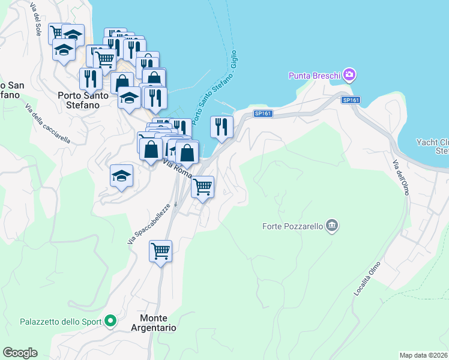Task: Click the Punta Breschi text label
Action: pos(315,76)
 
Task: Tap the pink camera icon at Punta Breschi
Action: pos(349,75)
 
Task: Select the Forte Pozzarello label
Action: pos(293,226)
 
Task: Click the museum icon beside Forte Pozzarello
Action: pos(332,226)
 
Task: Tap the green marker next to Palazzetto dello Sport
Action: pos(110,322)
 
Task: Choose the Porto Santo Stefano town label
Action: pos(87,100)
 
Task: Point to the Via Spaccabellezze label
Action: pos(149,223)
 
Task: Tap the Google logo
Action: pos(20,353)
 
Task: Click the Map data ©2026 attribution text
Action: pos(424,355)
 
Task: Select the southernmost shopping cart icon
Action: pos(161,250)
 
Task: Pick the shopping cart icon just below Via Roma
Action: pos(203,187)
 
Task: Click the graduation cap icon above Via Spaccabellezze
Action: pos(121,176)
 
